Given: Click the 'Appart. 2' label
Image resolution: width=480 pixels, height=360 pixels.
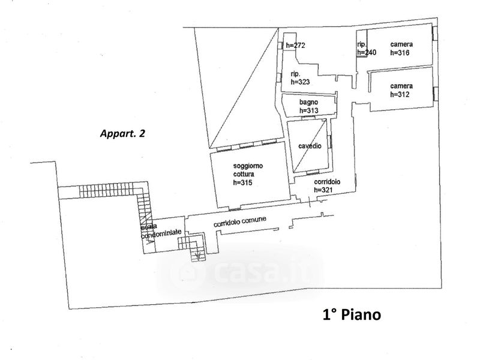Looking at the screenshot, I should (x=122, y=134).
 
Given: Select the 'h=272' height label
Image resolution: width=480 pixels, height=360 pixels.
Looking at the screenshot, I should (x=295, y=45).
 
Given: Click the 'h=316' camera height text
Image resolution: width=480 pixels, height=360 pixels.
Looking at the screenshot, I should (x=400, y=53).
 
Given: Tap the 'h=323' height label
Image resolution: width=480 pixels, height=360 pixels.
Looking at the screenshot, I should (x=300, y=82).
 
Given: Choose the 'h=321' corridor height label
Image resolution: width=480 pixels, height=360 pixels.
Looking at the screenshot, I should (x=324, y=190).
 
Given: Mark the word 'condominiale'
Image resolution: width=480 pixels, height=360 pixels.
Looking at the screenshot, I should (x=160, y=235).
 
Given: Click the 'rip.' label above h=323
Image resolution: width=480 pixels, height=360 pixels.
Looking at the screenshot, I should (x=295, y=74).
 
